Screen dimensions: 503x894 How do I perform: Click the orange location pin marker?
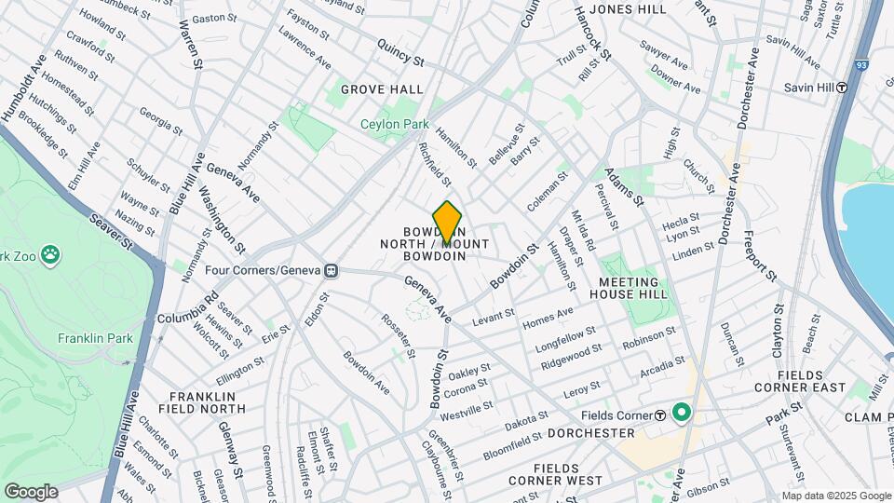pos(448,222)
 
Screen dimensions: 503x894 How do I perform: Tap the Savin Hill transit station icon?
pos(842,88)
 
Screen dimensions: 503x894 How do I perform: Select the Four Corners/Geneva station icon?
pos(330,271)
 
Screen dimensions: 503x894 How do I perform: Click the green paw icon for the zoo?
pos(49,254)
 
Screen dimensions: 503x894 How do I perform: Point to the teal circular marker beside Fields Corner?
pos(682,412)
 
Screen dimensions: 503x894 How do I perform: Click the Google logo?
pos(31,491)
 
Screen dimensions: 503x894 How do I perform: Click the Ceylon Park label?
pos(395,124)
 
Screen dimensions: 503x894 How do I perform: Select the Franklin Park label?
pos(95,338)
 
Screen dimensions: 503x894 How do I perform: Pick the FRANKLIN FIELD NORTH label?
pos(208,402)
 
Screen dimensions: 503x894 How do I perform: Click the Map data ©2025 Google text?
pos(835,495)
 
